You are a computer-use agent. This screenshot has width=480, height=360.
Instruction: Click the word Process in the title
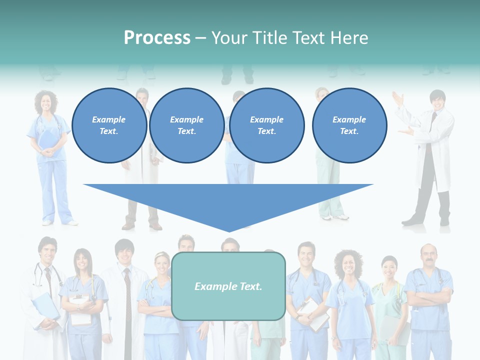coord(157,38)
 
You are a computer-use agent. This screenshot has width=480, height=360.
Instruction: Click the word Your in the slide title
coord(229,38)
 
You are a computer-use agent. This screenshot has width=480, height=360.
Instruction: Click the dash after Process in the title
coord(200,38)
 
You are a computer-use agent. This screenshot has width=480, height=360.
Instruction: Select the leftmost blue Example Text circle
coord(109,125)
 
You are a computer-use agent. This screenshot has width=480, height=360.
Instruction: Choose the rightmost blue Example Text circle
coord(349,125)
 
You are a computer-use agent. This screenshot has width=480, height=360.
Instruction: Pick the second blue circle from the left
coord(186,125)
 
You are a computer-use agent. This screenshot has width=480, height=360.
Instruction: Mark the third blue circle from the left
coord(266,125)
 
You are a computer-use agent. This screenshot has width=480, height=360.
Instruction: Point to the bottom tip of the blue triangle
coord(229,231)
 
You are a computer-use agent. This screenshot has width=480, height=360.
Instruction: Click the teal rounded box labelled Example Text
coord(228,286)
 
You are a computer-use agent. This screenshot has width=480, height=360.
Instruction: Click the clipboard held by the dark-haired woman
coord(80,309)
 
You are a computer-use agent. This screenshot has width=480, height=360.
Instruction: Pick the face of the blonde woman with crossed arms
coord(161,265)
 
